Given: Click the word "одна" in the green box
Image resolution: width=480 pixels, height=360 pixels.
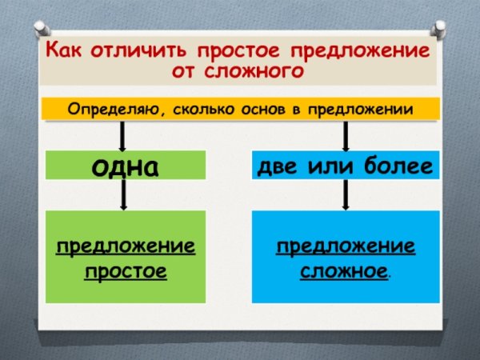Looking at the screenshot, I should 125,166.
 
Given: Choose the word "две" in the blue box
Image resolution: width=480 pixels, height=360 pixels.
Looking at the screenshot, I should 279,166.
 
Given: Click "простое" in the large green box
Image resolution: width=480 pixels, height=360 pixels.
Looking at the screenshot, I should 126,271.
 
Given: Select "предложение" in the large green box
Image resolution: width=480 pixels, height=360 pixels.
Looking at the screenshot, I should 126,245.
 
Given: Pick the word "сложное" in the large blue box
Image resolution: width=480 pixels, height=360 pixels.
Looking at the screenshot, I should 344,271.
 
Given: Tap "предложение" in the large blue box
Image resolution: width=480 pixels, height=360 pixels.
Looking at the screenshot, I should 346,245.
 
